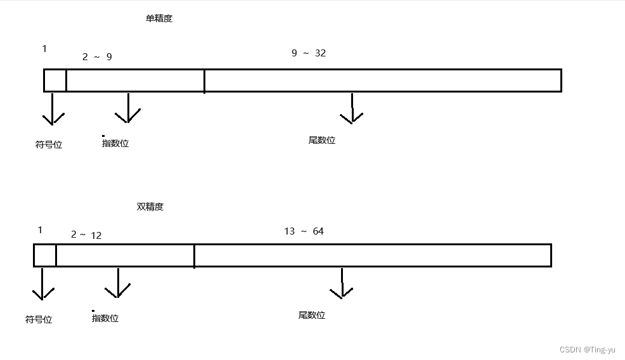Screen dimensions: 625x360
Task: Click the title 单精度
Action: (158, 18)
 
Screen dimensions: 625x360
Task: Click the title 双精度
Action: (150, 207)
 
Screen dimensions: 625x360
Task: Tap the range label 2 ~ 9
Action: (97, 57)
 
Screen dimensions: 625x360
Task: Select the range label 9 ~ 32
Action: (309, 53)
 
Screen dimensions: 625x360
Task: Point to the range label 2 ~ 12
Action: (86, 235)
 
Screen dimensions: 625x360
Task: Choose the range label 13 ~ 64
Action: (304, 231)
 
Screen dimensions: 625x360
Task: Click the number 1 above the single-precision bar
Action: (44, 49)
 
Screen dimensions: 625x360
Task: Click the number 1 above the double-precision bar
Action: (40, 230)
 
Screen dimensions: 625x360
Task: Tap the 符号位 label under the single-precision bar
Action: (49, 145)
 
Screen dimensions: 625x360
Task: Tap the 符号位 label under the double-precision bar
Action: (39, 319)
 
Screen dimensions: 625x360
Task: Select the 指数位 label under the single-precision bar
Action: (115, 143)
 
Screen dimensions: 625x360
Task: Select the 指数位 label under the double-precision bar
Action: (105, 318)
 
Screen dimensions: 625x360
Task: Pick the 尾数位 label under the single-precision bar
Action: (322, 140)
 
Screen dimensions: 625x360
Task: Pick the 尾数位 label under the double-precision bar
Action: (312, 315)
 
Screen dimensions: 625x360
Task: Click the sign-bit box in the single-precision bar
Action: (55, 80)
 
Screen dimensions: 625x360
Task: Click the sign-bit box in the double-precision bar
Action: (45, 255)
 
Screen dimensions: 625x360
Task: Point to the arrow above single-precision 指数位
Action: (128, 108)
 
